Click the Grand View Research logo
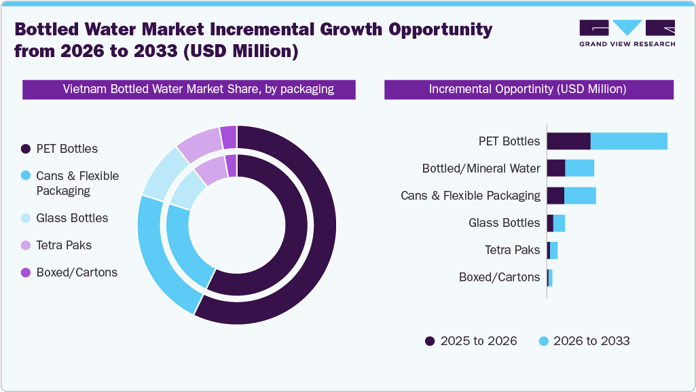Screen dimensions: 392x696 (627, 33)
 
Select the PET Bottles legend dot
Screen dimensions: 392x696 (26, 149)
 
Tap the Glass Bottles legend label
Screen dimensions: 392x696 (72, 218)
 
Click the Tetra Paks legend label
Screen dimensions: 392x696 (64, 245)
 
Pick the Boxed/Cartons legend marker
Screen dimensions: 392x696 (26, 272)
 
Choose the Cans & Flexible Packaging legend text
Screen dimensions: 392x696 (77, 183)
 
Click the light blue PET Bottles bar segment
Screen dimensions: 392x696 (629, 141)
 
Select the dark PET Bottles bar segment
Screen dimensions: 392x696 (568, 141)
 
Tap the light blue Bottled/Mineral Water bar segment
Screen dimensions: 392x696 (579, 168)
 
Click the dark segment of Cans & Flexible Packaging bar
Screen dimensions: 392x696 (555, 196)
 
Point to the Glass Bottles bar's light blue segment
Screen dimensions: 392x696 (559, 223)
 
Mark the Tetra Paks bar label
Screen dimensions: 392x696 (512, 250)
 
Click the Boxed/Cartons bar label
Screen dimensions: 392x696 (499, 277)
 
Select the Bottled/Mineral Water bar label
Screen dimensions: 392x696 (481, 168)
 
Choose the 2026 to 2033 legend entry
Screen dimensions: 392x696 (583, 341)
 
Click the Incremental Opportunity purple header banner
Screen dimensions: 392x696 (528, 90)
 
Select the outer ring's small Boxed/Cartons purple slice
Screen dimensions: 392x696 (229, 137)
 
